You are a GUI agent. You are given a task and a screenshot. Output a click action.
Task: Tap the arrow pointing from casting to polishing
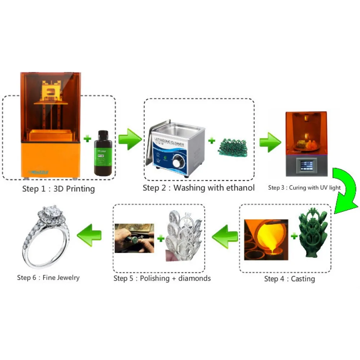(x=225, y=236)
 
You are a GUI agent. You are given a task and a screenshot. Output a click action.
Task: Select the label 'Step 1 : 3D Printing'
(x=58, y=189)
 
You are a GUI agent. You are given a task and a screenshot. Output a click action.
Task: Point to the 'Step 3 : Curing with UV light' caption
(x=304, y=188)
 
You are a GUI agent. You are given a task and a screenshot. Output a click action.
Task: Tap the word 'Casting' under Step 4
(x=303, y=279)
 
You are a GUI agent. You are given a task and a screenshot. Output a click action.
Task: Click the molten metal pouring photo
(x=266, y=239)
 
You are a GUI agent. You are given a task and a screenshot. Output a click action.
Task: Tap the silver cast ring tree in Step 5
(x=184, y=238)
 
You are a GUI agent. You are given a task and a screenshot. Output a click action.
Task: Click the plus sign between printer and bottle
(x=86, y=138)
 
